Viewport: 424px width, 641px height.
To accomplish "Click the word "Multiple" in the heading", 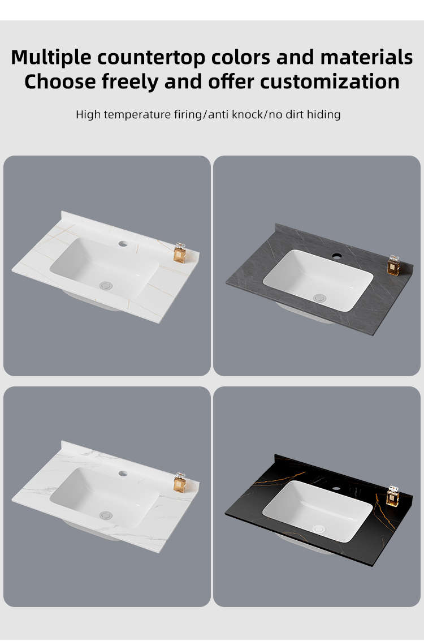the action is (x=51, y=58).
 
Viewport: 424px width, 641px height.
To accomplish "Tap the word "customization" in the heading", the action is (x=330, y=81).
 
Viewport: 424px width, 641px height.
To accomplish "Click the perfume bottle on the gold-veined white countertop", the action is (x=180, y=253).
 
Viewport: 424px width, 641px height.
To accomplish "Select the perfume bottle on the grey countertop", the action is (x=393, y=266).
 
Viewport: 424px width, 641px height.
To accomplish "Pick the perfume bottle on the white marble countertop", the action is (x=180, y=483).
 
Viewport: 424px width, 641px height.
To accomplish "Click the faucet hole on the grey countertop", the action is (x=336, y=256).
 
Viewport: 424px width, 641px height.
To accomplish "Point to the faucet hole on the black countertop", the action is (x=336, y=488).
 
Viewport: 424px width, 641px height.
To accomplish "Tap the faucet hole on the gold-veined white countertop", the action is (x=123, y=244).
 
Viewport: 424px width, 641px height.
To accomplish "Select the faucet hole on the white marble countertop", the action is (x=123, y=474).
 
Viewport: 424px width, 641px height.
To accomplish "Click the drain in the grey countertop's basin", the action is (x=319, y=298).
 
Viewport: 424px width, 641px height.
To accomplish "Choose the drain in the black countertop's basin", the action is (x=319, y=529).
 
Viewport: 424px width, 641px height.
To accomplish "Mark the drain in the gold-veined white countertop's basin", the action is (x=106, y=285).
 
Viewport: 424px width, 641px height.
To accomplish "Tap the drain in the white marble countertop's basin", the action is (x=106, y=515).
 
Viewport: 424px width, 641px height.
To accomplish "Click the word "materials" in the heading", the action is (x=366, y=57).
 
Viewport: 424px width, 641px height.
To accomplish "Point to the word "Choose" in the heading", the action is (x=60, y=81).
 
